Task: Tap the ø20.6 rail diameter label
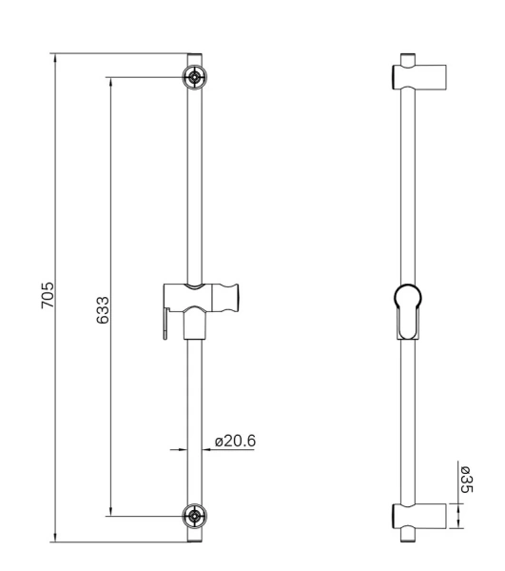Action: tap(236, 442)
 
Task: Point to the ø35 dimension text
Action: tap(464, 480)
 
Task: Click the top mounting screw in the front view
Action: tap(194, 78)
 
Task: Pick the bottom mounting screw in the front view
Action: tap(194, 517)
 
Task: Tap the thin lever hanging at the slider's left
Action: tap(166, 319)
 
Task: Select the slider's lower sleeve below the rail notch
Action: tap(195, 324)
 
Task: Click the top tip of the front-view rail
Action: tap(194, 56)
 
